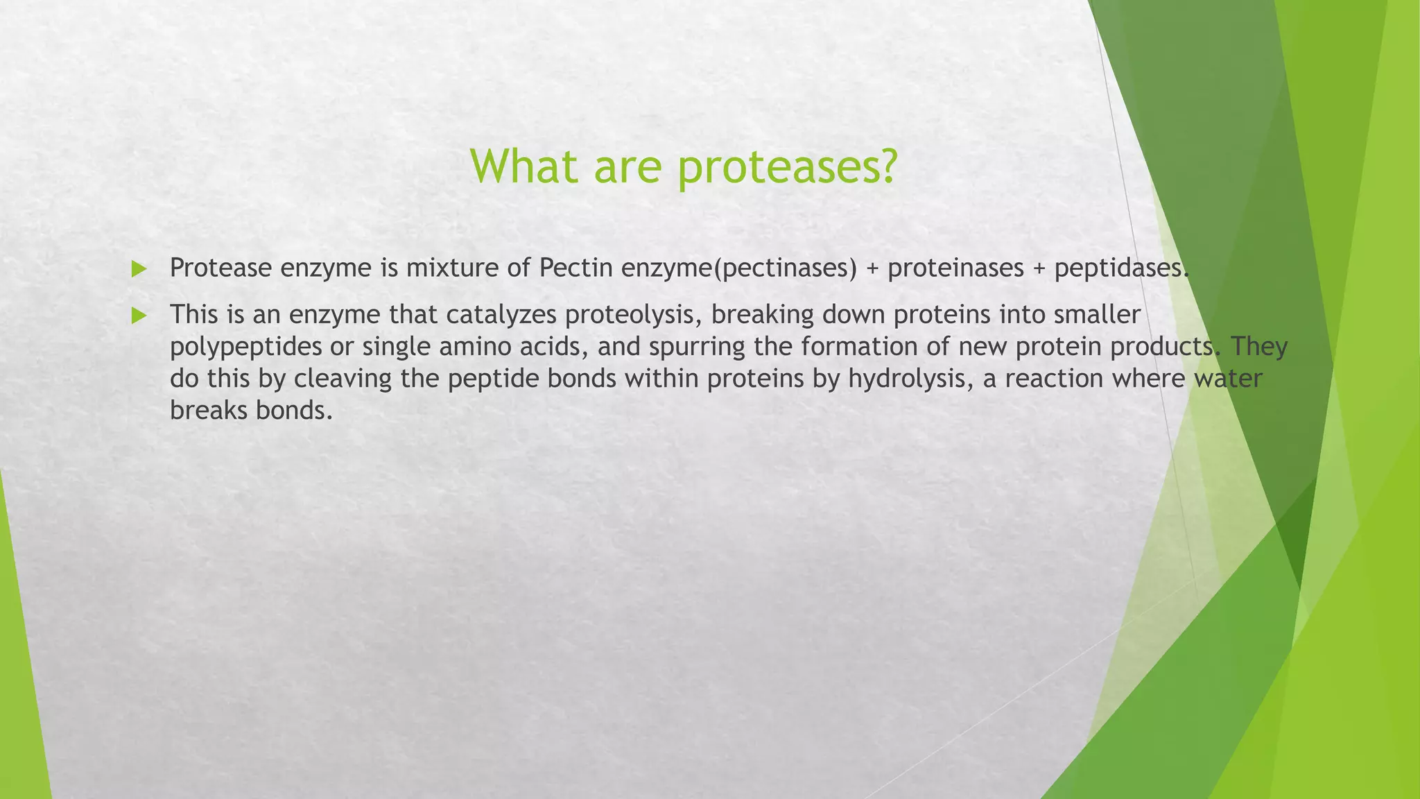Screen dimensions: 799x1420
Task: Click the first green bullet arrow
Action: click(x=139, y=269)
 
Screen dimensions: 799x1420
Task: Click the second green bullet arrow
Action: click(x=139, y=316)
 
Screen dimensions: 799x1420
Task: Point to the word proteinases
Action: click(x=955, y=268)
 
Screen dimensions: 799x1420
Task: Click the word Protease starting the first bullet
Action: click(x=220, y=268)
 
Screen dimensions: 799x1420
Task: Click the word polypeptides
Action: click(x=245, y=347)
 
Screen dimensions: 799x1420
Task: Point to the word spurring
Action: click(x=697, y=347)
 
